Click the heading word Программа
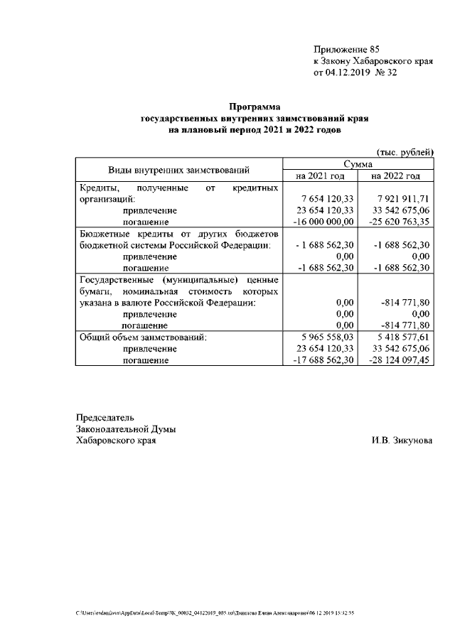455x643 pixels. [x=255, y=107]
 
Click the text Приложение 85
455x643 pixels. [x=347, y=50]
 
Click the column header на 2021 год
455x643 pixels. [x=320, y=175]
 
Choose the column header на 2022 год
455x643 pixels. [x=396, y=175]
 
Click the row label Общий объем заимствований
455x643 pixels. [x=142, y=337]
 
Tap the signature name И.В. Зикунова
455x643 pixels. [x=400, y=441]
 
